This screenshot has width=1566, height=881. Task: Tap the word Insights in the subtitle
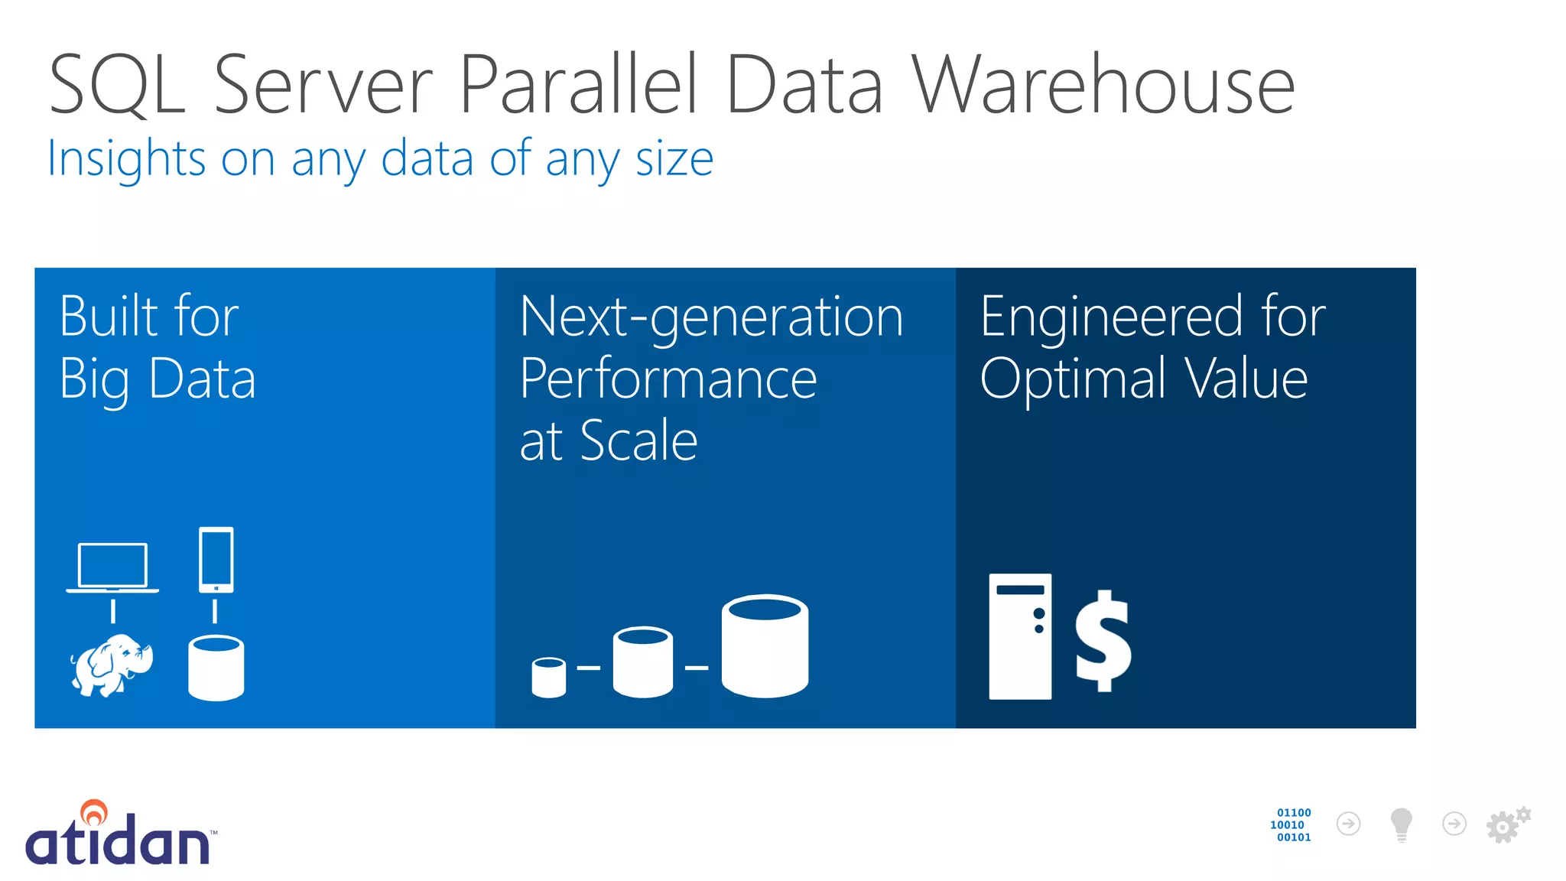pyautogui.click(x=126, y=158)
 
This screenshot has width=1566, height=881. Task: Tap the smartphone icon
pyautogui.click(x=216, y=560)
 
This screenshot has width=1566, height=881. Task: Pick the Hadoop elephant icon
pyautogui.click(x=112, y=665)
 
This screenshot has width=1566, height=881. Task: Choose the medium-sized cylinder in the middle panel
pyautogui.click(x=643, y=662)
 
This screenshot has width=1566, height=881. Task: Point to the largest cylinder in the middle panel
pyautogui.click(x=765, y=646)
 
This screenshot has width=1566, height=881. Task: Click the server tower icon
pyautogui.click(x=1020, y=636)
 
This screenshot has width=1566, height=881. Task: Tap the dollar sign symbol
pyautogui.click(x=1103, y=641)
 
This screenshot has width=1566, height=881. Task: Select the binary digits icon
pyautogui.click(x=1292, y=824)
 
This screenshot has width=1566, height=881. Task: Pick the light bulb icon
pyautogui.click(x=1401, y=824)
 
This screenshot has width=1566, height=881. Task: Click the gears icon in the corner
pyautogui.click(x=1507, y=824)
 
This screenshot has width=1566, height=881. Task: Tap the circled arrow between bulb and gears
pyautogui.click(x=1454, y=824)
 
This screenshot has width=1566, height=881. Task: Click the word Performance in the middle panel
pyautogui.click(x=668, y=379)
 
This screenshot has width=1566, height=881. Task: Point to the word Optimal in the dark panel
pyautogui.click(x=1072, y=379)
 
